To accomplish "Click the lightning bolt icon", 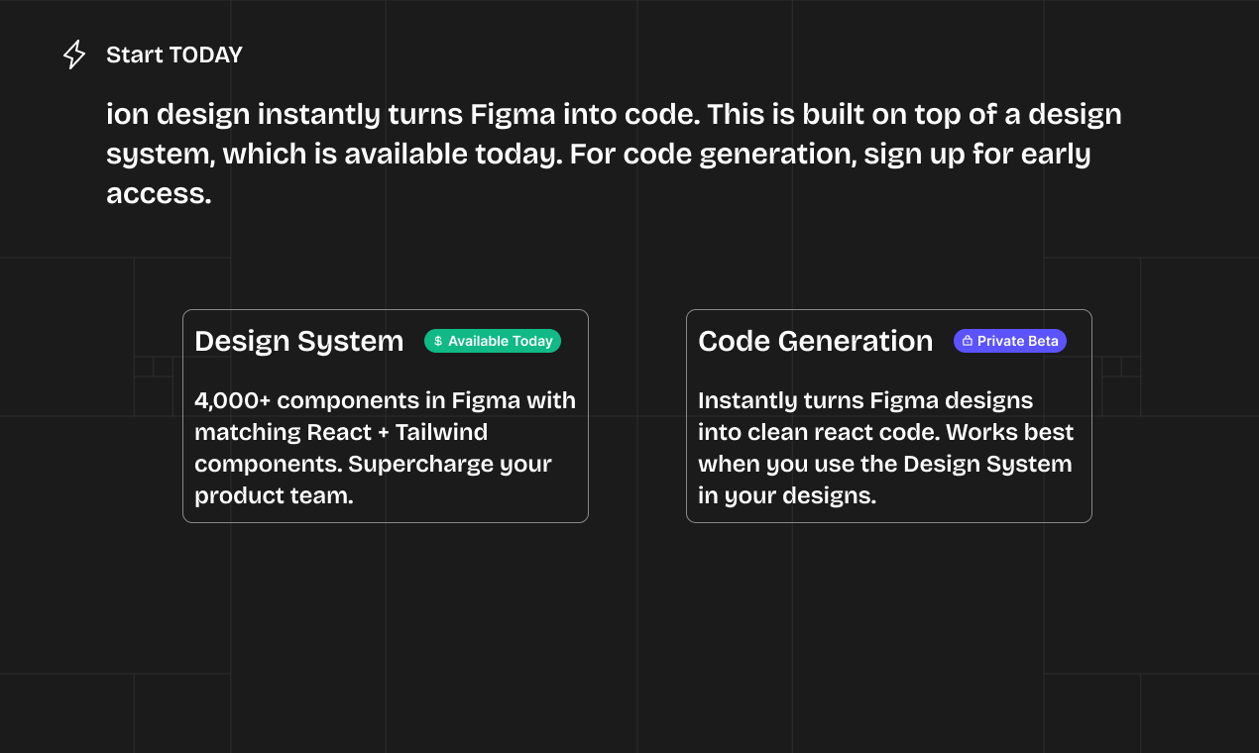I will pyautogui.click(x=74, y=54).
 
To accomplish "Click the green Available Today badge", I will pyautogui.click(x=493, y=341).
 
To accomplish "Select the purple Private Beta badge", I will pyautogui.click(x=1009, y=341).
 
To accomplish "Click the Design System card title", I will pyautogui.click(x=298, y=341).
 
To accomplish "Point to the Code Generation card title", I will pyautogui.click(x=815, y=341).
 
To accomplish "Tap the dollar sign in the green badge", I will pyautogui.click(x=438, y=341).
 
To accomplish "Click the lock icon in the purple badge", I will pyautogui.click(x=967, y=341).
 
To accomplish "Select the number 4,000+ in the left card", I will pyautogui.click(x=232, y=400).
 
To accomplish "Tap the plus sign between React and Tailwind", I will pyautogui.click(x=379, y=433).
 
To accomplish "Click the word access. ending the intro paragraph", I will pyautogui.click(x=159, y=194).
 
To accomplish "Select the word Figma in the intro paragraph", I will pyautogui.click(x=513, y=115).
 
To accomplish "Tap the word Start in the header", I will pyautogui.click(x=135, y=55).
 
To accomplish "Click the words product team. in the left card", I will pyautogui.click(x=274, y=495).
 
